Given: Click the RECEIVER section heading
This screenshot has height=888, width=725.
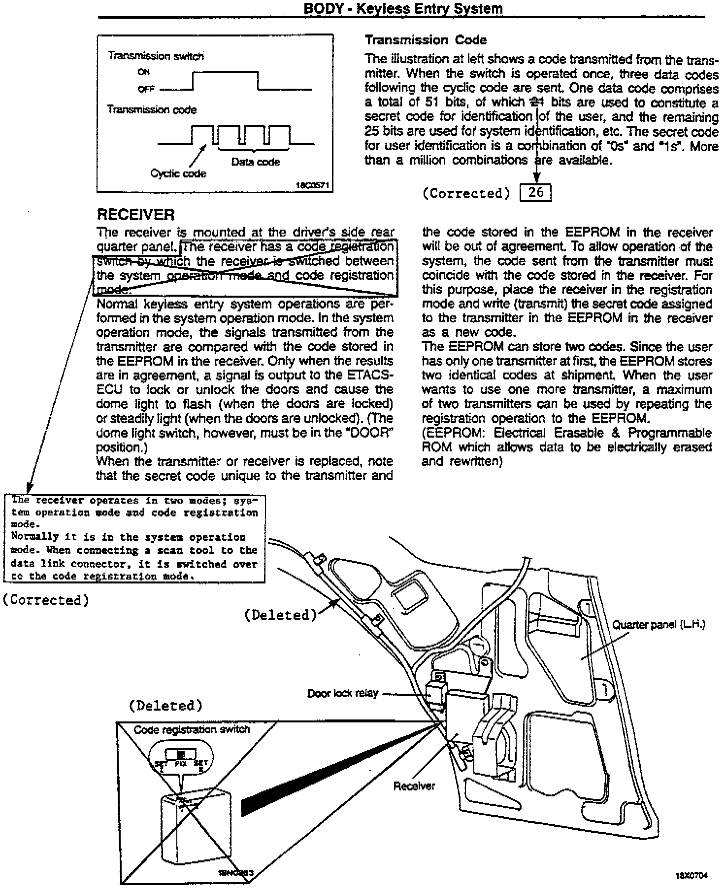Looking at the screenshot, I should (135, 215).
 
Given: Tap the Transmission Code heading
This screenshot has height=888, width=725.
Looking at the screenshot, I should (426, 40).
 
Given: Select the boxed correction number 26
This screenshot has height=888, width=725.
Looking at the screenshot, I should (536, 193).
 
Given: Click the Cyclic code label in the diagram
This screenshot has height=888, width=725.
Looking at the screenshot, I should (178, 173).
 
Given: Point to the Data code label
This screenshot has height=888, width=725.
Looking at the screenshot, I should (255, 162).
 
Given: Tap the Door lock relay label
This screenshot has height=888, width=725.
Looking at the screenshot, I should (343, 693).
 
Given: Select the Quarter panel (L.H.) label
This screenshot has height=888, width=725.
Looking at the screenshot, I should (659, 625).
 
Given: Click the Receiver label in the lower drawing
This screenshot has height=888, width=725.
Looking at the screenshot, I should (414, 786).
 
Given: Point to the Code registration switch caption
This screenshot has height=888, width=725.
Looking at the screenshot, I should (192, 730).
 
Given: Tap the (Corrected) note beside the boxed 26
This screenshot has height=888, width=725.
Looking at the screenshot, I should (466, 194).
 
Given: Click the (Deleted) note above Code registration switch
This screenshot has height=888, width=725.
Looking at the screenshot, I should (165, 706).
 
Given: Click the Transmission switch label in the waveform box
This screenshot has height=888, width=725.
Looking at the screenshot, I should (156, 56).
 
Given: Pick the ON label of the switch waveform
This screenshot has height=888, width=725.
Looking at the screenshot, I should (144, 72).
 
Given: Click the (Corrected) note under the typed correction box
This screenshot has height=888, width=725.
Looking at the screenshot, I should (46, 600).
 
